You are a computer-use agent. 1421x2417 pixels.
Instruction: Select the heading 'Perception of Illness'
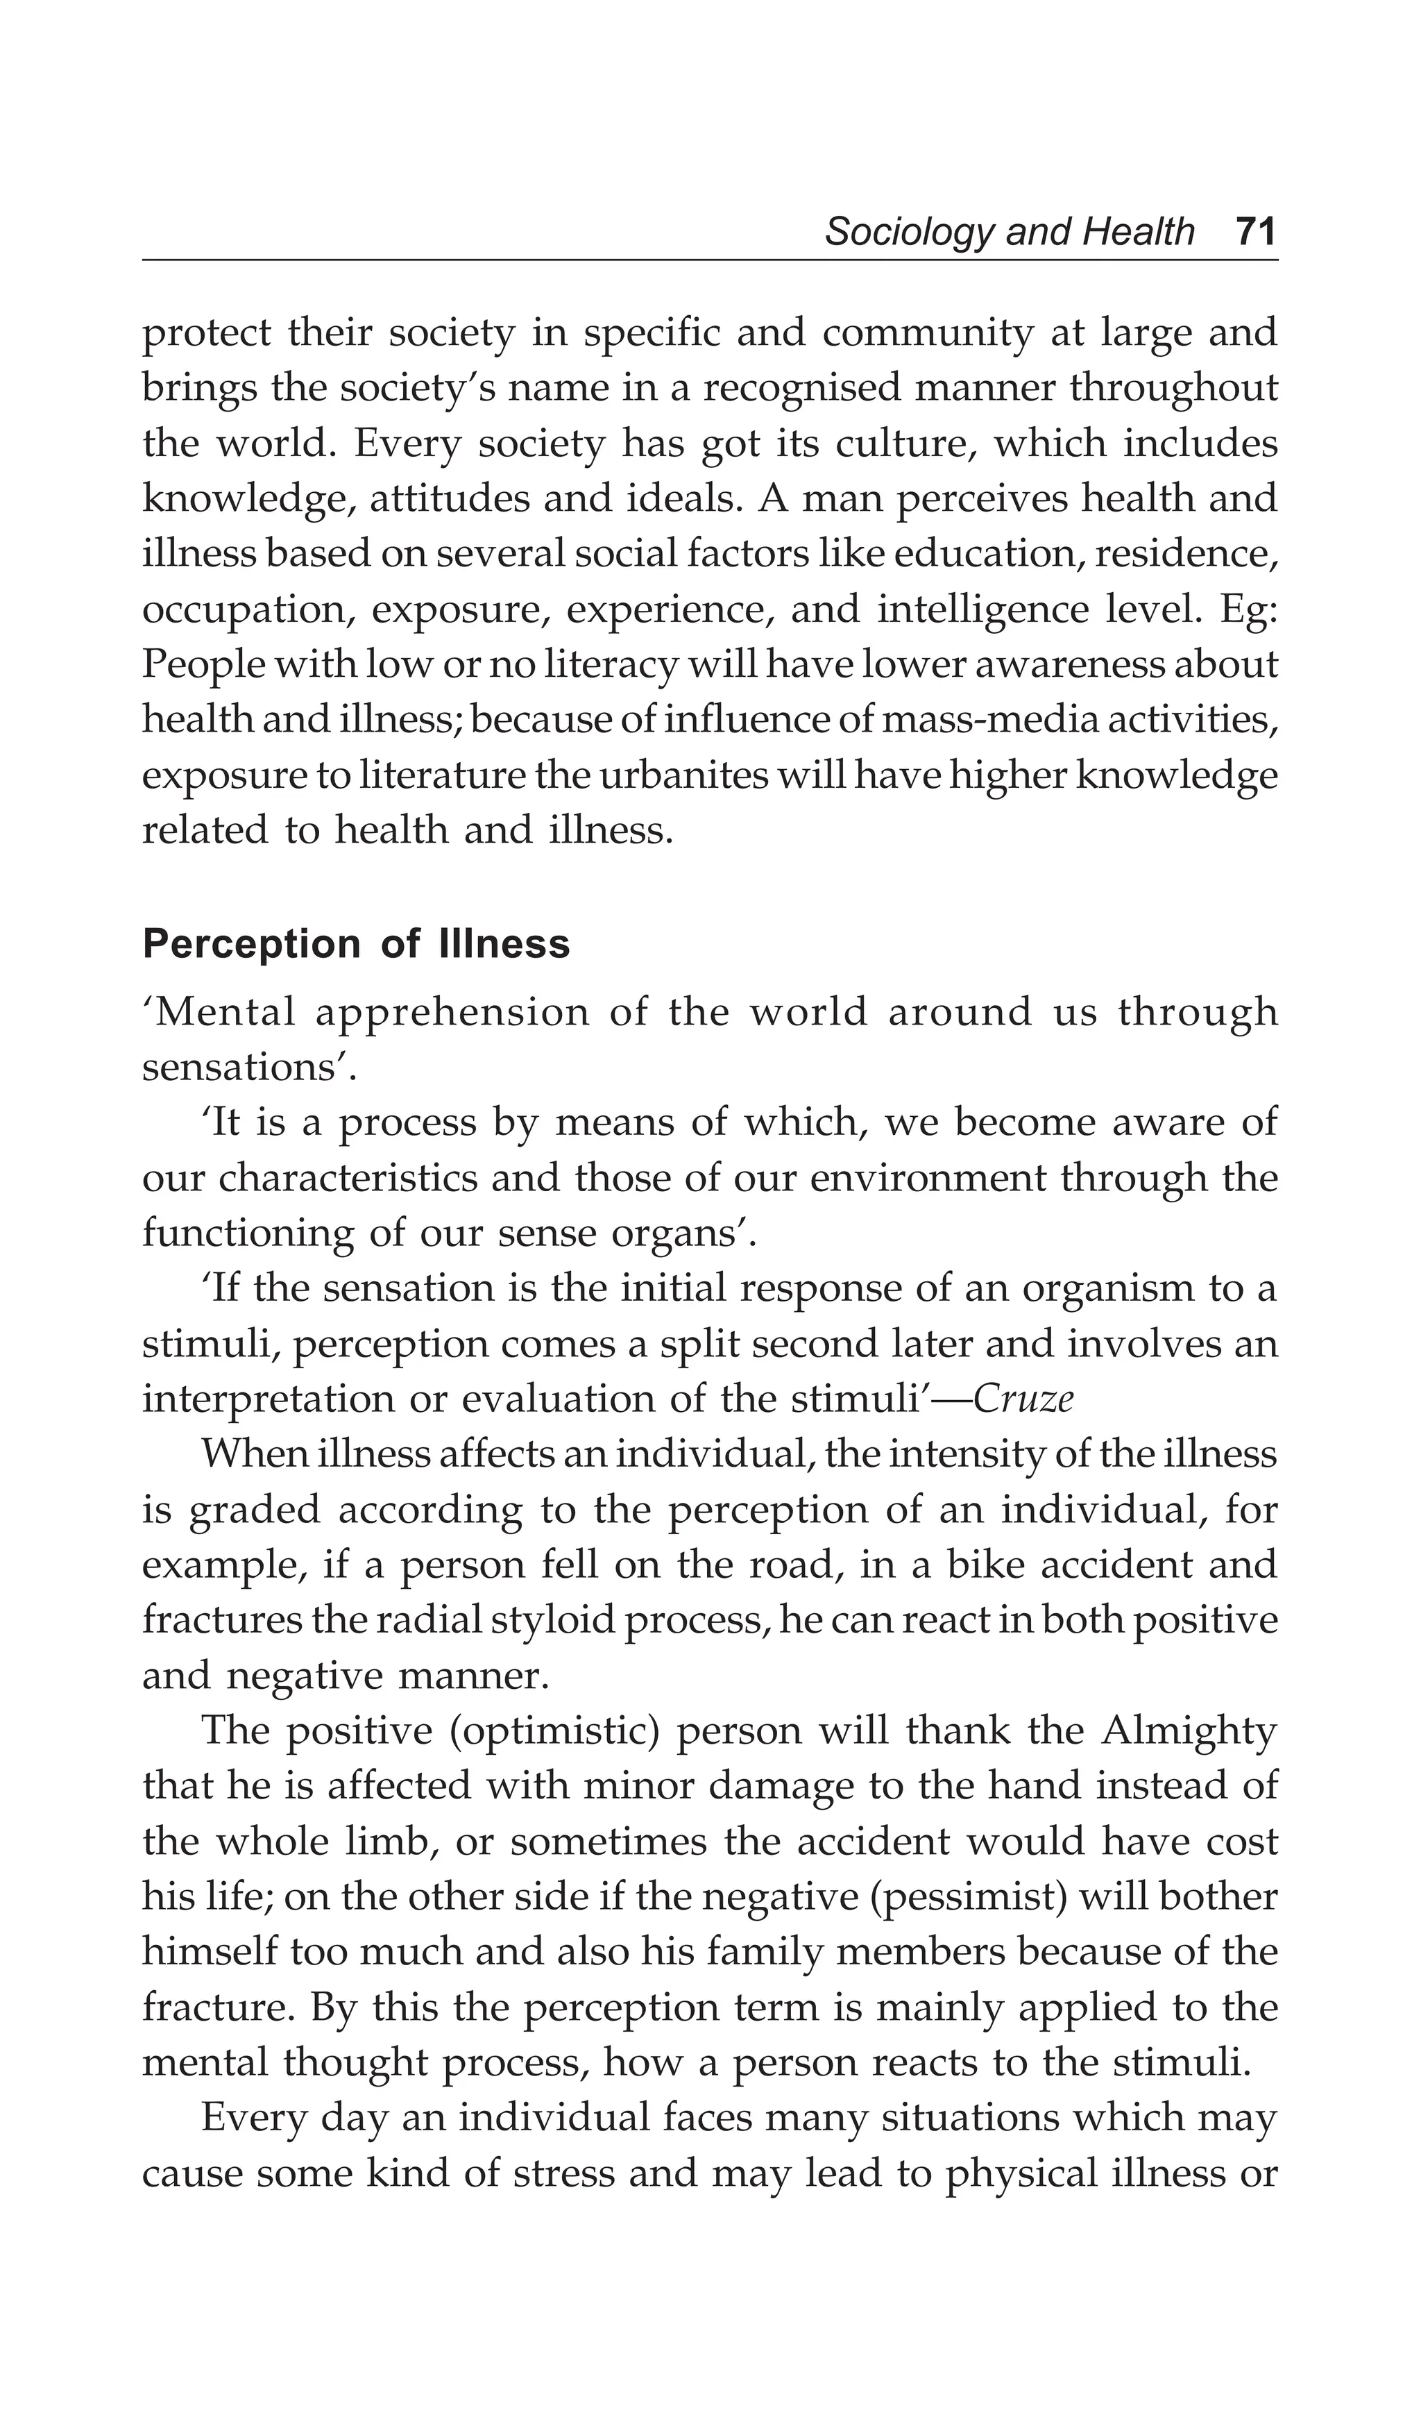(356, 944)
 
